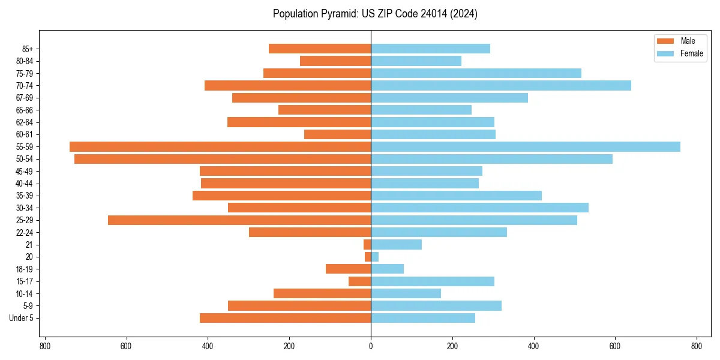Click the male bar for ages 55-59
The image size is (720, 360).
click(220, 146)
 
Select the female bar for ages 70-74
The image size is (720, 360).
click(501, 85)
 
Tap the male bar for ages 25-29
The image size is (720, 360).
click(239, 220)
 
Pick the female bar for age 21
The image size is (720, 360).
click(396, 244)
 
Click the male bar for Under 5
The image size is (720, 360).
click(285, 318)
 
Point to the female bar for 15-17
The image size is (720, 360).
click(433, 281)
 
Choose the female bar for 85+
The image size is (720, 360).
click(430, 49)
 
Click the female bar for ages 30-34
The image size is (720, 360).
click(479, 208)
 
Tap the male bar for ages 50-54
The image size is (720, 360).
click(223, 159)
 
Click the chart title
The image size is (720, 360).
click(375, 14)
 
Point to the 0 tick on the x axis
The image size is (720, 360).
click(371, 346)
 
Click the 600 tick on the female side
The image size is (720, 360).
click(615, 346)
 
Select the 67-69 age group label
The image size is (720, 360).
click(25, 98)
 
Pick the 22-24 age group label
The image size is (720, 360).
click(25, 232)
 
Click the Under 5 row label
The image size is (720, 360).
click(21, 318)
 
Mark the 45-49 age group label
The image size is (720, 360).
click(25, 171)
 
